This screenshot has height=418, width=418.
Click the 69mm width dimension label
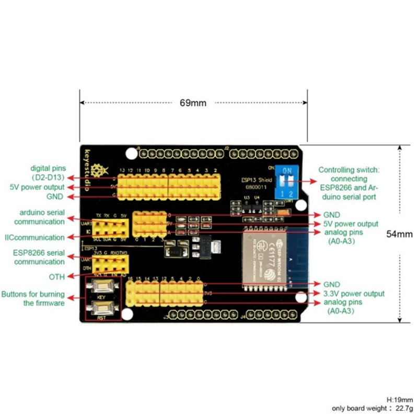pos(193,103)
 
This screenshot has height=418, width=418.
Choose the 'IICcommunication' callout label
pos(35,238)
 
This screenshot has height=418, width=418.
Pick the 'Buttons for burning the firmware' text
pos(34,298)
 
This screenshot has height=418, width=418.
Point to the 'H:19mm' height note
pos(400,400)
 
